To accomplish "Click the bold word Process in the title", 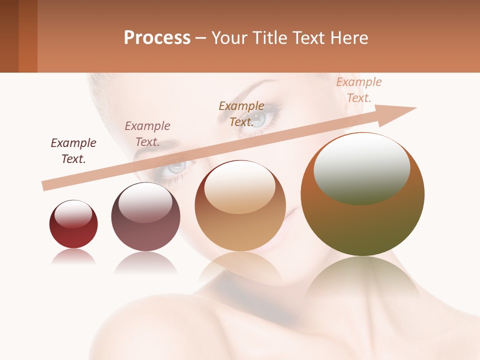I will point(157,38).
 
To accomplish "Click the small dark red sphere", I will point(73,230).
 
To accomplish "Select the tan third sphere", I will point(240,225).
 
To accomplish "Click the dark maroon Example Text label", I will point(73,150).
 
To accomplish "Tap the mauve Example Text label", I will point(147,133).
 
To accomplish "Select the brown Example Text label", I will point(241,113).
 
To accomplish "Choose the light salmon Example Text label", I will point(359,90).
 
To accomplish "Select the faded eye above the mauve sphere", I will point(176,166).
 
